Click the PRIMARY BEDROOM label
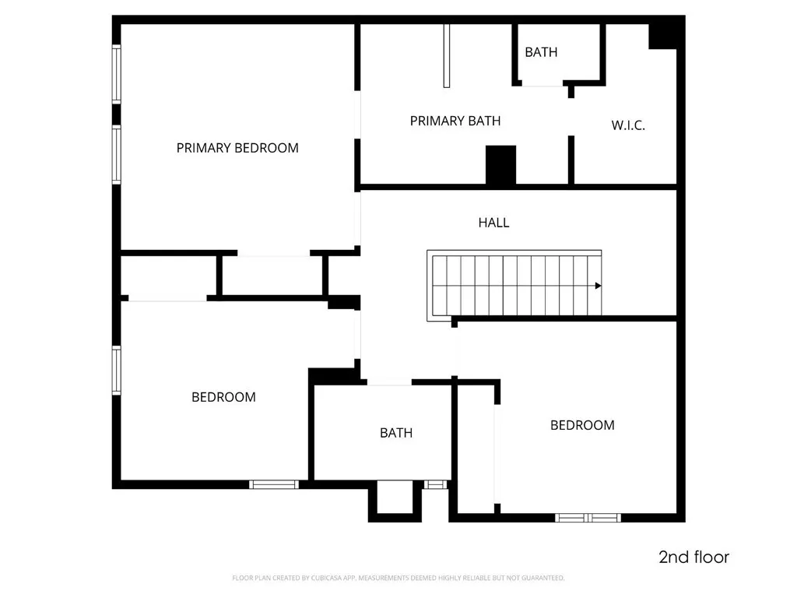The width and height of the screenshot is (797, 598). tap(237, 148)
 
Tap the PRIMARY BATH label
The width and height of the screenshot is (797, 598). tap(455, 121)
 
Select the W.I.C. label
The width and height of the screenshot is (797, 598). tap(628, 125)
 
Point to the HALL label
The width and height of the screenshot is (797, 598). tap(493, 223)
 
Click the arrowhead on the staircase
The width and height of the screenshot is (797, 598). tap(598, 286)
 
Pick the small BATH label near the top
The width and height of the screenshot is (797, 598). tap(541, 52)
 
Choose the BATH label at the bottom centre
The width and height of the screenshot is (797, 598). tap(396, 433)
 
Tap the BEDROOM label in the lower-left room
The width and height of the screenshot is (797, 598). tap(223, 397)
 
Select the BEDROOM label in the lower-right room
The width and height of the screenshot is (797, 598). tap(582, 425)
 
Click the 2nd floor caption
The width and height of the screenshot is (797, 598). tap(693, 558)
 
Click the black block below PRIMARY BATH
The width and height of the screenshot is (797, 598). tap(500, 164)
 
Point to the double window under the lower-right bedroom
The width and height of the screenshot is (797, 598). tap(588, 517)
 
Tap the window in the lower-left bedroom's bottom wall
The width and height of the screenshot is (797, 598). tap(274, 484)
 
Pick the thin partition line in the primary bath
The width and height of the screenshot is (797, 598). tap(447, 55)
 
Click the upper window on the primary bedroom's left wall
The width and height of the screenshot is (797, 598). tap(117, 74)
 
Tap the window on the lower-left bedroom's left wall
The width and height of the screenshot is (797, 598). tap(117, 371)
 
